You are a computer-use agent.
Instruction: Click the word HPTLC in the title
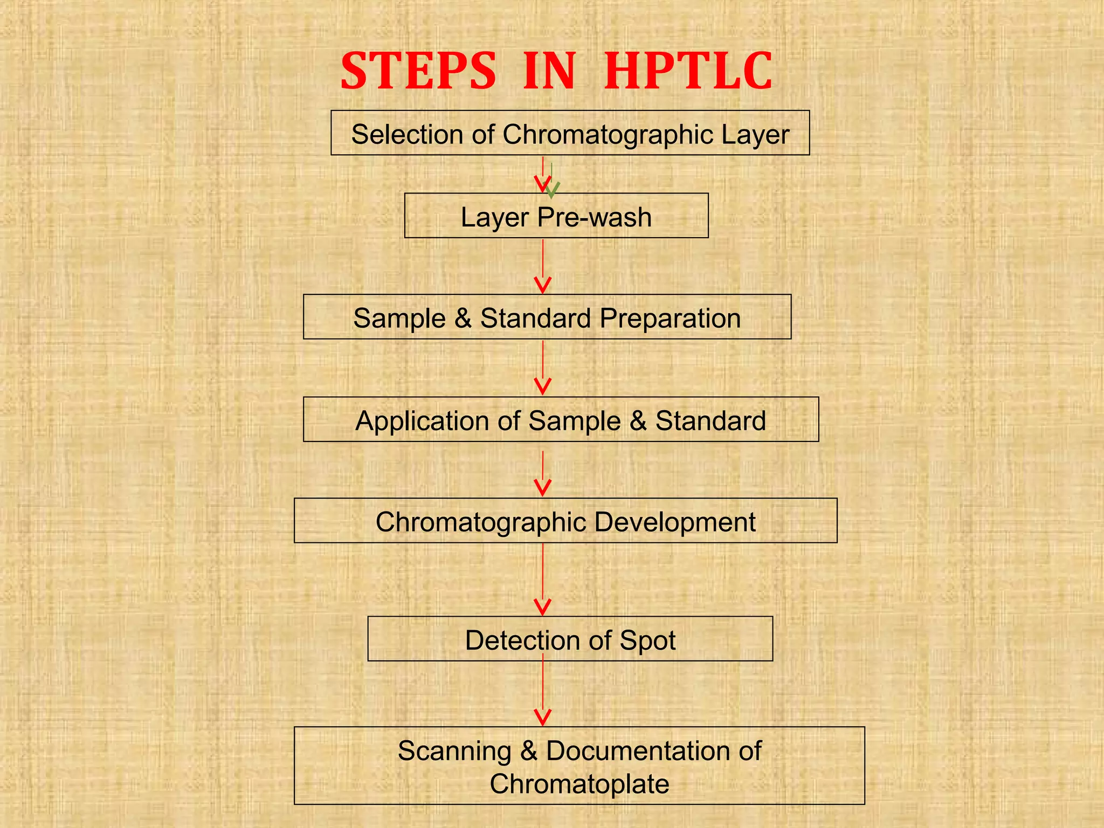[688, 72]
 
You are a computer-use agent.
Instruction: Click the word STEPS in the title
[418, 72]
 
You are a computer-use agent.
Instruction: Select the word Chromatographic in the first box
[608, 134]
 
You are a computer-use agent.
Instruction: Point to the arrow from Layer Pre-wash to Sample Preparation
[543, 267]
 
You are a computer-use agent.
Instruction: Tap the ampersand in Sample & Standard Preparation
[463, 318]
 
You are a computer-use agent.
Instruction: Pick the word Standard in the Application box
[710, 421]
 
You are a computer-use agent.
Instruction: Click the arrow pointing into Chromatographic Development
[543, 473]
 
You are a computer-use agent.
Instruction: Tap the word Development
[675, 522]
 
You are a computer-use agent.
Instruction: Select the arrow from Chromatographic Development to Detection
[543, 579]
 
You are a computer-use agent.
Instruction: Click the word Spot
[647, 640]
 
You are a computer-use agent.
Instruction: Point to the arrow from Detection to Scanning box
[543, 693]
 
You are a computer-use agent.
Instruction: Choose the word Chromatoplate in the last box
[579, 784]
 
